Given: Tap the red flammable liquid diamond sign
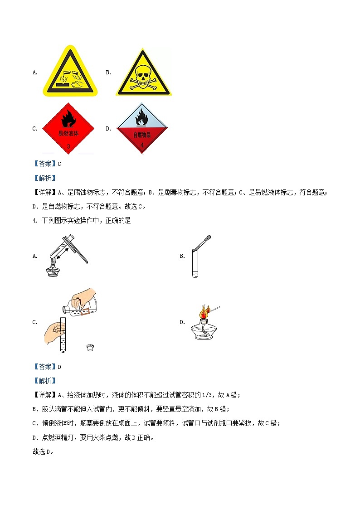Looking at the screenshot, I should [x=68, y=128].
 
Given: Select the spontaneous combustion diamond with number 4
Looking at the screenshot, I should [x=141, y=128].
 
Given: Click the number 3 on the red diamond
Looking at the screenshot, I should [x=68, y=146].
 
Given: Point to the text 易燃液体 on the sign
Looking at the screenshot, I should [x=68, y=134].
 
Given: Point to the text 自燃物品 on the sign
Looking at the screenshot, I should [x=141, y=135].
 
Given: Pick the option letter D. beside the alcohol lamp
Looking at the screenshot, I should [x=182, y=322].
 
